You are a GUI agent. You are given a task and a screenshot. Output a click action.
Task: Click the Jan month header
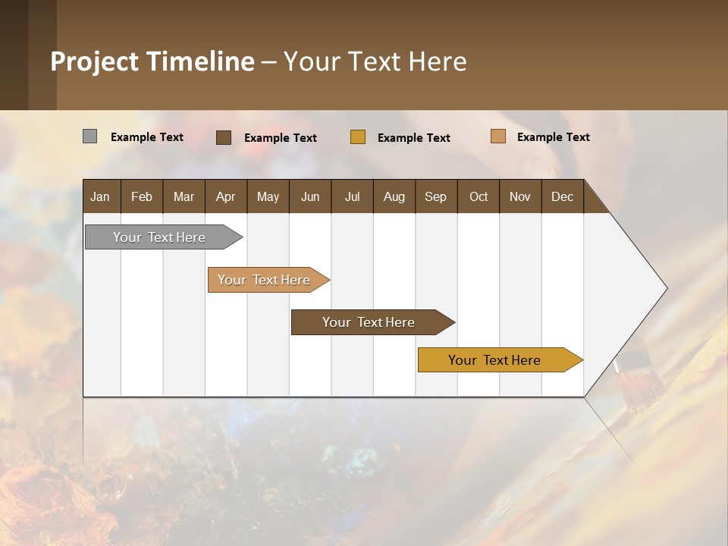tap(101, 196)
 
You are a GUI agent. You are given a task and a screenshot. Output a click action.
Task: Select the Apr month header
tap(226, 196)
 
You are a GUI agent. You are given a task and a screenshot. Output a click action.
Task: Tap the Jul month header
tap(353, 196)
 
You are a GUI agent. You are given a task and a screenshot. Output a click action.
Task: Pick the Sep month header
tap(436, 196)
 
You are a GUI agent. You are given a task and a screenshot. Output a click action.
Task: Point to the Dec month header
tap(563, 196)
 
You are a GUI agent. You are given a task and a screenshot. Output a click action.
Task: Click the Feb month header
tap(142, 196)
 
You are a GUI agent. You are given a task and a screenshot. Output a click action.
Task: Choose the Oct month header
tap(479, 196)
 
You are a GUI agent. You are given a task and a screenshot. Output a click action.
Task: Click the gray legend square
tap(90, 136)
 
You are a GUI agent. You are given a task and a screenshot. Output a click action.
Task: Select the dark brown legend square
tap(224, 137)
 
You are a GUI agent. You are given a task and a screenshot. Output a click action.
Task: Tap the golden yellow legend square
tap(358, 137)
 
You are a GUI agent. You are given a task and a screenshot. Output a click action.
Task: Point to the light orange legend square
tap(498, 136)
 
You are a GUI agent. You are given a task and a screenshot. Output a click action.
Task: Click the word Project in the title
tap(95, 61)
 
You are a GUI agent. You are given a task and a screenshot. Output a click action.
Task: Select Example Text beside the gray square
tap(147, 137)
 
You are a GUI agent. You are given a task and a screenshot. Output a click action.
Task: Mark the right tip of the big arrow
tap(666, 288)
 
